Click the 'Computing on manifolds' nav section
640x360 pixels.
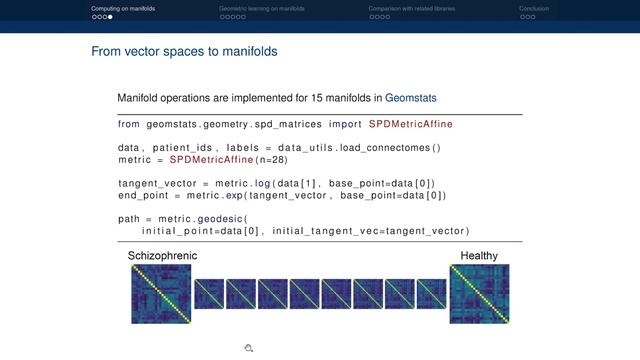tap(123, 8)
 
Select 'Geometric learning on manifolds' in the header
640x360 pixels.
tap(262, 8)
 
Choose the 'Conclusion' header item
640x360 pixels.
tap(533, 8)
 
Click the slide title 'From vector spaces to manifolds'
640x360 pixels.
tap(184, 50)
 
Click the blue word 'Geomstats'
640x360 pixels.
tap(411, 98)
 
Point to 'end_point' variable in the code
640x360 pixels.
tap(143, 195)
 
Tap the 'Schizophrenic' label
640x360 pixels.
tap(162, 256)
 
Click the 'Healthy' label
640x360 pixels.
tap(479, 256)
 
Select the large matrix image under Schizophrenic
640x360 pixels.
tap(161, 294)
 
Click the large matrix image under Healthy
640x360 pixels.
tap(479, 294)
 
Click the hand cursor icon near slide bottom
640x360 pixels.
tap(248, 348)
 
